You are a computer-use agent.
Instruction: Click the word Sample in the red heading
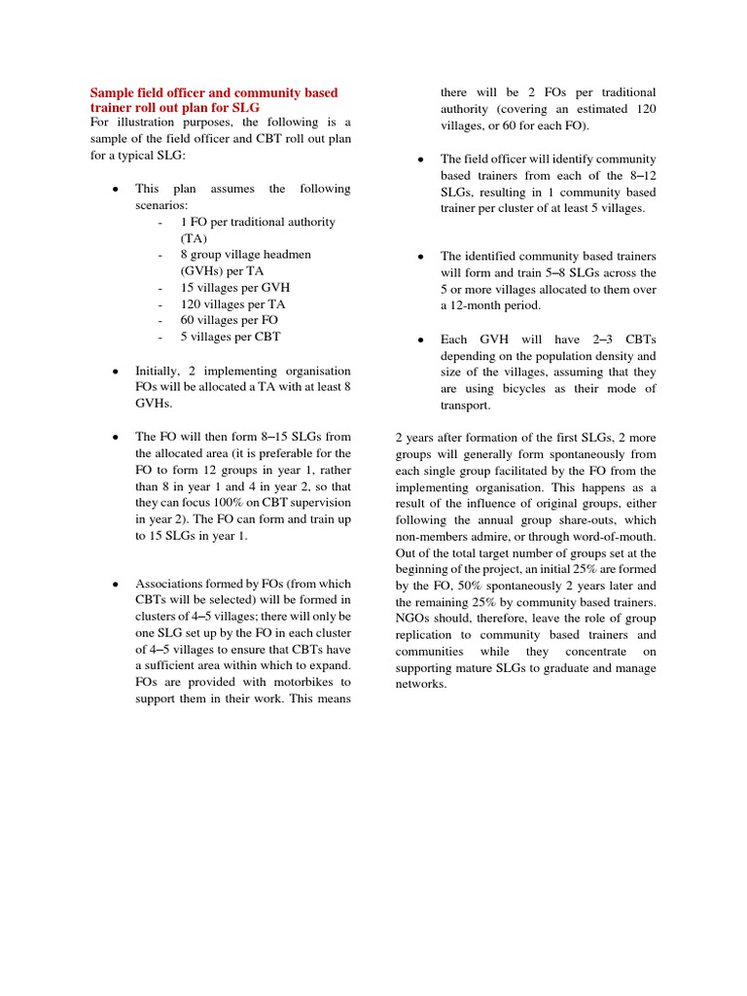tap(113, 92)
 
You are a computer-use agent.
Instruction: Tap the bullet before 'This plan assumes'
tap(116, 189)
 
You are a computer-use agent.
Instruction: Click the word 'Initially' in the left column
tap(158, 371)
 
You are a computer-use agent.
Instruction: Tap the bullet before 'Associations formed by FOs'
tap(116, 584)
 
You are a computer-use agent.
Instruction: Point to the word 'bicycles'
tap(534, 389)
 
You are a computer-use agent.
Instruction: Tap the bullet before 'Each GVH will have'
tap(419, 340)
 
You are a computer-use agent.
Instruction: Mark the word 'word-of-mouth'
tap(615, 536)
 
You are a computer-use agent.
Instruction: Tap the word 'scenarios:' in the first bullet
tap(161, 206)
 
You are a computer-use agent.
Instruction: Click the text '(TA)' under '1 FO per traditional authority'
tap(195, 238)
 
